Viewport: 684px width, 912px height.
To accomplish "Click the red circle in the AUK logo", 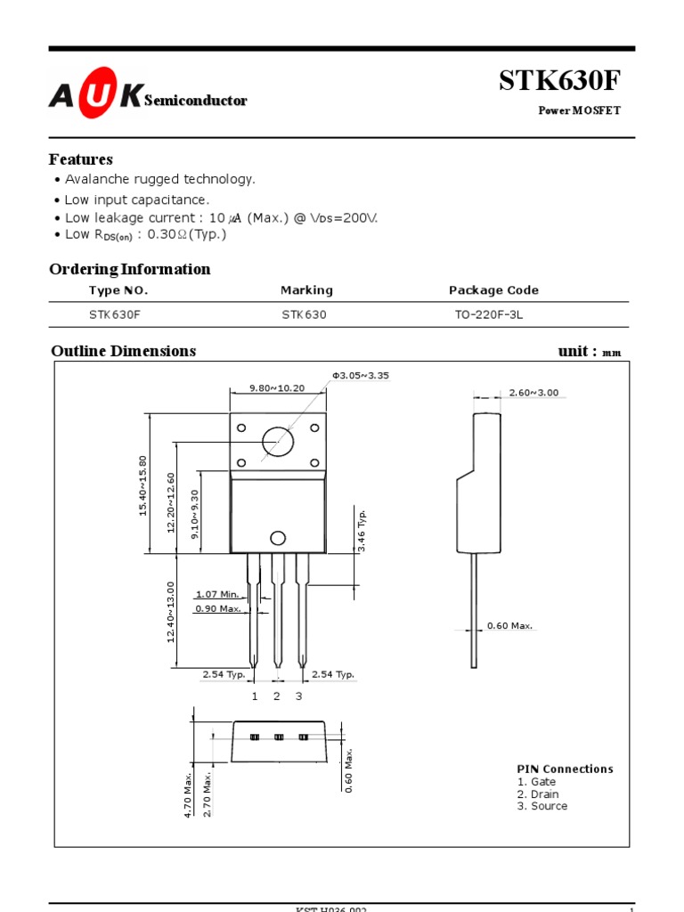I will pyautogui.click(x=96, y=92).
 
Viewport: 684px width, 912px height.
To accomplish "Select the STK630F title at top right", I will pyautogui.click(x=558, y=80).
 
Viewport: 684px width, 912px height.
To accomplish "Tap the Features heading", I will pyautogui.click(x=81, y=159).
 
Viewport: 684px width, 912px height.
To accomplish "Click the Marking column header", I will pyautogui.click(x=306, y=290).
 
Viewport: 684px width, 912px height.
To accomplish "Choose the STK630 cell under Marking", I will pyautogui.click(x=304, y=314).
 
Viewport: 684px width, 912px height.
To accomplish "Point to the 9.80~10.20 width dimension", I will pyautogui.click(x=277, y=388).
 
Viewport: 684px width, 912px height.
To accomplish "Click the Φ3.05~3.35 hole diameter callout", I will pyautogui.click(x=361, y=376).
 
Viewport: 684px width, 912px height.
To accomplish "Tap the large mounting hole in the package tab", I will pyautogui.click(x=277, y=442).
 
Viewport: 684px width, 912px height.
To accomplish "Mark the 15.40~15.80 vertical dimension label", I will pyautogui.click(x=143, y=485).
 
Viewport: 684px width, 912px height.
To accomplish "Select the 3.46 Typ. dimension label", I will pyautogui.click(x=362, y=531).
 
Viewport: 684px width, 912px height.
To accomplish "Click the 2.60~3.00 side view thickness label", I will pyautogui.click(x=533, y=393).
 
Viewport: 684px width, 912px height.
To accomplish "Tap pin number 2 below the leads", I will pyautogui.click(x=277, y=696).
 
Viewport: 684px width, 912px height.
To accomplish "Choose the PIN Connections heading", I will pyautogui.click(x=565, y=769).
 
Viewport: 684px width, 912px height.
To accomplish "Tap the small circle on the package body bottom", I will pyautogui.click(x=278, y=538).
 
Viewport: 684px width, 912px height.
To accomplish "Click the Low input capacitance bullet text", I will pyautogui.click(x=137, y=200).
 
